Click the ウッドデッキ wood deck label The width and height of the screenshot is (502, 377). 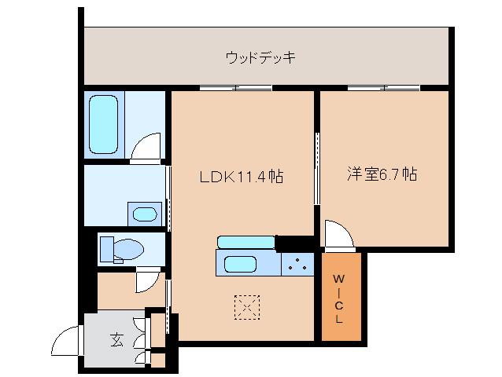[x=260, y=57]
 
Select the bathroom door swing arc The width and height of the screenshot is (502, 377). [x=146, y=148]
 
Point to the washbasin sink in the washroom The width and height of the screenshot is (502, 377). [x=144, y=214]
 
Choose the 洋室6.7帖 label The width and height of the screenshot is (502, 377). [x=382, y=175]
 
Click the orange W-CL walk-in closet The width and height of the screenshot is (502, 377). [x=340, y=298]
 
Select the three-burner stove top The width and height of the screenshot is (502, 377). [x=297, y=265]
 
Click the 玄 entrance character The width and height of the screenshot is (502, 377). [x=116, y=339]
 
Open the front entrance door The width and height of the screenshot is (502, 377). [x=66, y=341]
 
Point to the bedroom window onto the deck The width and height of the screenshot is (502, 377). [x=383, y=87]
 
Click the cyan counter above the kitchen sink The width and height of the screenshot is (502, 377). [x=246, y=240]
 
